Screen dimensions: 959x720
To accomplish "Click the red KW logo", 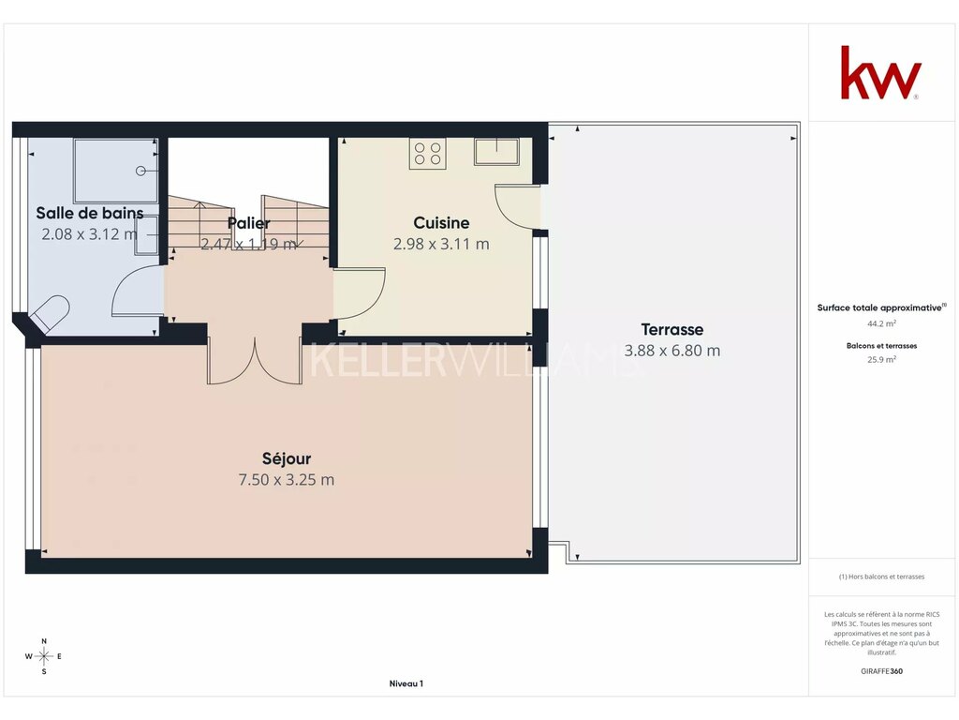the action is (880, 72).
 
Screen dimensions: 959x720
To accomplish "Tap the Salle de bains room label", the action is (90, 213).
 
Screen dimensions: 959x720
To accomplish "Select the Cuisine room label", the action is (441, 223).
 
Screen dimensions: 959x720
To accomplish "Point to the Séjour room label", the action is (287, 458).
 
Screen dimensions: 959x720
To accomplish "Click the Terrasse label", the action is (672, 329).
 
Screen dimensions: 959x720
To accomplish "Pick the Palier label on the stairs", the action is (248, 223).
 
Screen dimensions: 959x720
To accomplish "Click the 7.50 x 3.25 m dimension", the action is (287, 479).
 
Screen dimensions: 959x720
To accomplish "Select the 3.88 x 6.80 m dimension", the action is (672, 351).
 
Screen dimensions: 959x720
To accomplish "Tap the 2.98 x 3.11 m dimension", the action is (441, 244).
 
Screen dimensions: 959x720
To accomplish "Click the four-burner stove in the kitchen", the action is (427, 153).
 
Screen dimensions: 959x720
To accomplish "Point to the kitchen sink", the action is (496, 151).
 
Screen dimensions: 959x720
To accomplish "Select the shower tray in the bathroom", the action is (115, 171).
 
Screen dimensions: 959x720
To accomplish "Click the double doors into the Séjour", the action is (255, 361).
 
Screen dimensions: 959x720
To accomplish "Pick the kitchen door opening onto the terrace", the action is (517, 206).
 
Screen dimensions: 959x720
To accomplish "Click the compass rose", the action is (44, 656).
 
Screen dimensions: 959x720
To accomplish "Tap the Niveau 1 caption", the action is (406, 683).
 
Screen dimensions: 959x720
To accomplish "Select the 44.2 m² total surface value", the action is (881, 323).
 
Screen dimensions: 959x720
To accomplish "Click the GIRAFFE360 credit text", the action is (881, 671).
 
